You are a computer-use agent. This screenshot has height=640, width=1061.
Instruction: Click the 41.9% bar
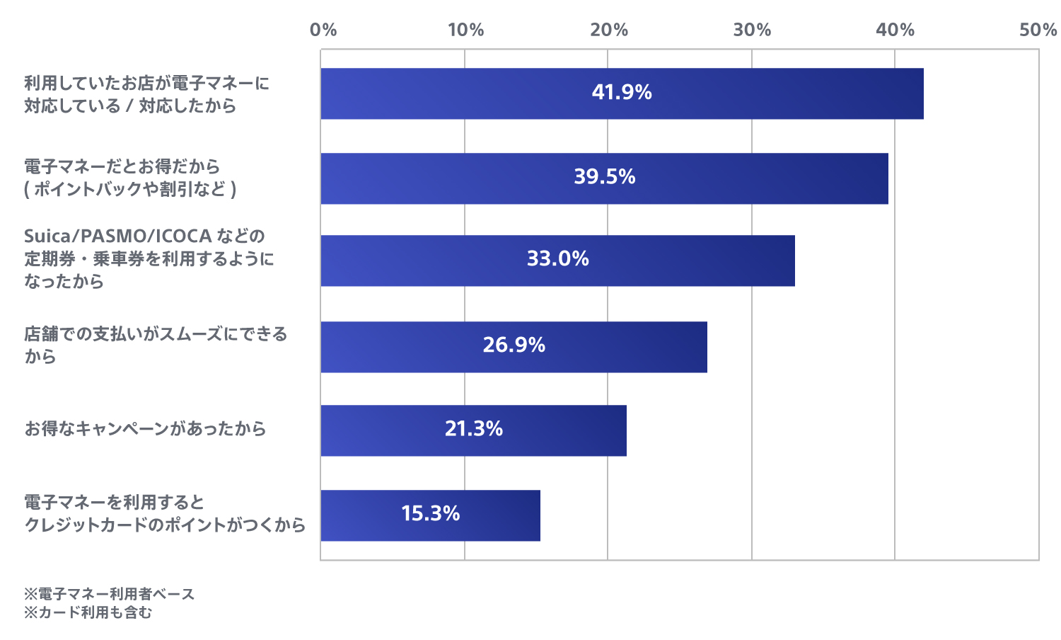(622, 93)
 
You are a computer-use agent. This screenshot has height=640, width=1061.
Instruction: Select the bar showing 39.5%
(604, 178)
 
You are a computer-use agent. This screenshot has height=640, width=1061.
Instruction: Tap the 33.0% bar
(557, 261)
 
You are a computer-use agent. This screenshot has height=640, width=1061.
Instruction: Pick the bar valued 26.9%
(514, 347)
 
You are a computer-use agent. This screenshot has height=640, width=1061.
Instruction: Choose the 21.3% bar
(473, 430)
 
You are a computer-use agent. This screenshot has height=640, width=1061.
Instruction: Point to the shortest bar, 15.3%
(430, 515)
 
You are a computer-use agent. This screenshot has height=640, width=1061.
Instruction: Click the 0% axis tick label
(323, 30)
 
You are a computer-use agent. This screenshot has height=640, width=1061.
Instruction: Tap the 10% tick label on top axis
(465, 30)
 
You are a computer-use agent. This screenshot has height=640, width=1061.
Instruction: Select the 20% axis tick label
(609, 30)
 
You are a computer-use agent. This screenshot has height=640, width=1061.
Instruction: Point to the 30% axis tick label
(752, 30)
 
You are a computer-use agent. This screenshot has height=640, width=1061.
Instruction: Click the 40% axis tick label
(895, 30)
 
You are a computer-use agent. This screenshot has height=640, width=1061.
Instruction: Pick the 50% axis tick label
(1038, 30)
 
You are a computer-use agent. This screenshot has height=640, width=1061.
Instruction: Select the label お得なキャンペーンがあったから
(145, 428)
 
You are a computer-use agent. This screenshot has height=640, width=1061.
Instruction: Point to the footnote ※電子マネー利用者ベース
(109, 594)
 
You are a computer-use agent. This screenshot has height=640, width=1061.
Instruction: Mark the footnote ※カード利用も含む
(88, 612)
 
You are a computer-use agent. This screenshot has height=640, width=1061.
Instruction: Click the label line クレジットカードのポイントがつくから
(165, 525)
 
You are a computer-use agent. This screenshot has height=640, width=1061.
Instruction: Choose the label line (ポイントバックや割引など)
(130, 189)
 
